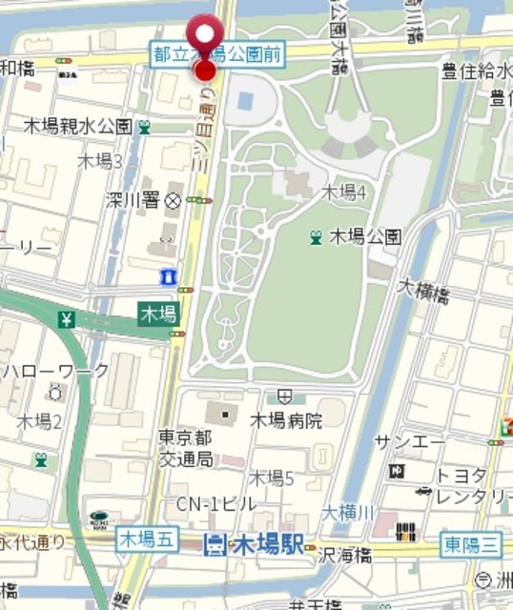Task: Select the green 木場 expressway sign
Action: (x=158, y=313)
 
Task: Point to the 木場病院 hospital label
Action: (x=286, y=419)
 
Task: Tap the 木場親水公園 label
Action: (x=77, y=126)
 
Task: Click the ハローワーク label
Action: (x=56, y=370)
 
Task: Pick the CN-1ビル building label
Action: (x=215, y=503)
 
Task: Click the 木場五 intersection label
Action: (x=147, y=539)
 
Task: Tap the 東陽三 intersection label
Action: (x=471, y=544)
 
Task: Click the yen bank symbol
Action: (x=67, y=319)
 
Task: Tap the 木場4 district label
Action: (x=343, y=192)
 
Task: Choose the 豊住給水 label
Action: (x=475, y=71)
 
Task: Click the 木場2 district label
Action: (x=39, y=420)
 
